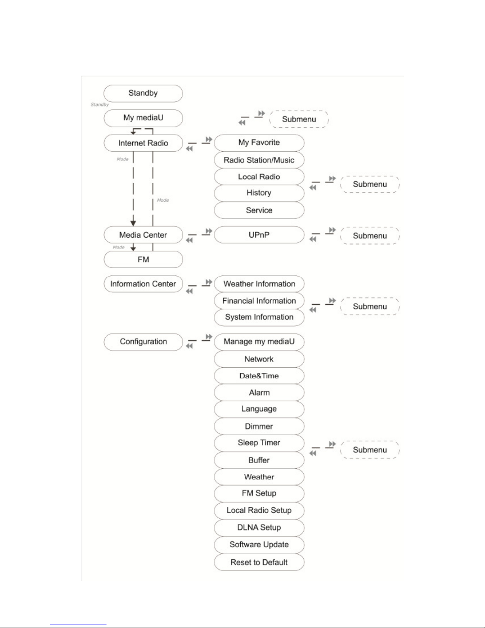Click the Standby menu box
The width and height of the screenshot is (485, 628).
(x=143, y=94)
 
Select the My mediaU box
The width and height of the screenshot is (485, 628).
(x=143, y=118)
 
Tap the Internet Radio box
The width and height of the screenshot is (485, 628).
(x=143, y=143)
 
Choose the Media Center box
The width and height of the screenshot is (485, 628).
(x=143, y=235)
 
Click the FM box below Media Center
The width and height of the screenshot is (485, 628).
(x=143, y=260)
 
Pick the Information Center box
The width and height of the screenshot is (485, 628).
(x=143, y=284)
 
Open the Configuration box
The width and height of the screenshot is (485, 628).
(x=143, y=342)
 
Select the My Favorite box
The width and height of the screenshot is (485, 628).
(x=259, y=143)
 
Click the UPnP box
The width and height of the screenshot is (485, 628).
(x=259, y=235)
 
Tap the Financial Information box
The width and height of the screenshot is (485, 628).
(x=259, y=301)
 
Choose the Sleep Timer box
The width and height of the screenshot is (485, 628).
(x=259, y=443)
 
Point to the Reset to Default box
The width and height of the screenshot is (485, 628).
(x=259, y=562)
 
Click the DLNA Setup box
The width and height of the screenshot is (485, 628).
(x=259, y=528)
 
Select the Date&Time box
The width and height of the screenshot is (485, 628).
(x=259, y=376)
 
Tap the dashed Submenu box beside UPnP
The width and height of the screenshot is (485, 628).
(x=370, y=236)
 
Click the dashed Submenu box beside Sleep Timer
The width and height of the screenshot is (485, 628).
(x=370, y=450)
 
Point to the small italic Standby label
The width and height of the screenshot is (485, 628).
(x=100, y=105)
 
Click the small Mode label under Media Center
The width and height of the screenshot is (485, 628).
(x=119, y=247)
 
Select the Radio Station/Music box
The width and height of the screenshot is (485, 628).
(x=259, y=160)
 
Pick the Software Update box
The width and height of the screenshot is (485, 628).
(x=259, y=545)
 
